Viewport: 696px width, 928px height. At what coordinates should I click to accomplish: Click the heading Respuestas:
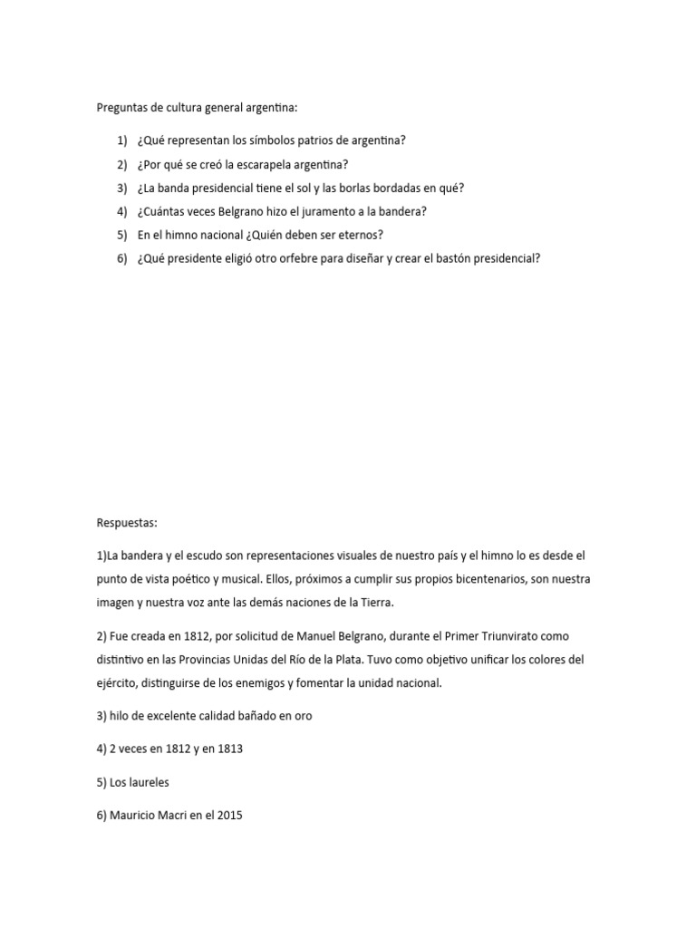click(x=127, y=523)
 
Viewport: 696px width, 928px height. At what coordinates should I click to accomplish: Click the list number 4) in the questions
click(x=121, y=211)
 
